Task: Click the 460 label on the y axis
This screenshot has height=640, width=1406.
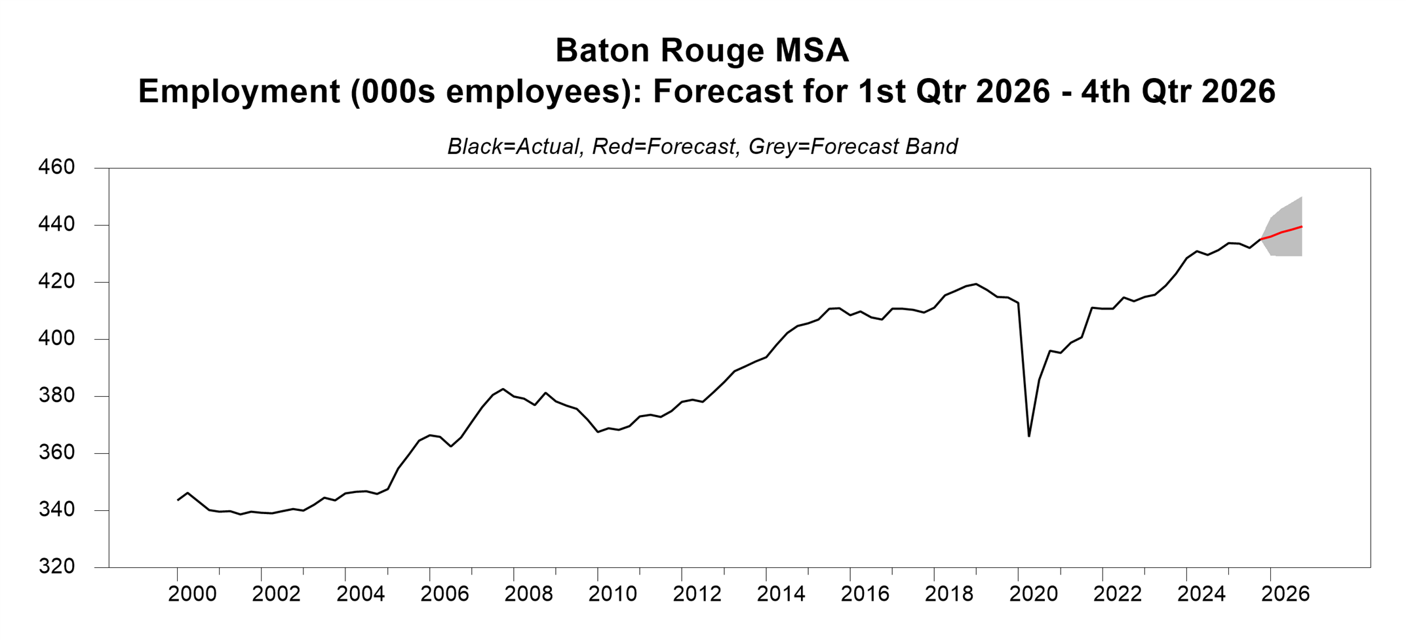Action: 56,167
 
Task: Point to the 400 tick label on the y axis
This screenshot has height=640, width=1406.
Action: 56,339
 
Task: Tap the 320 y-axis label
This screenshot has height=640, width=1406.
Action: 56,567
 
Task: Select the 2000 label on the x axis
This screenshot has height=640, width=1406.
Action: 192,594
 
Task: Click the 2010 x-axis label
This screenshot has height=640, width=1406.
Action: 612,594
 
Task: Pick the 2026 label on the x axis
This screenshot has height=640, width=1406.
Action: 1285,594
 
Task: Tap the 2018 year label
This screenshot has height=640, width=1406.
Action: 948,594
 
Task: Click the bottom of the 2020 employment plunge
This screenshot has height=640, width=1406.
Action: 1029,435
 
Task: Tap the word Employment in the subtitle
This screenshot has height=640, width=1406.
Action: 239,91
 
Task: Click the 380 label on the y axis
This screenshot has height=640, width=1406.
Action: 56,396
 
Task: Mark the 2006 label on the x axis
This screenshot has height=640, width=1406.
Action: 444,594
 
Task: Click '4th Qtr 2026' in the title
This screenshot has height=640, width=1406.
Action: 1178,91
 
